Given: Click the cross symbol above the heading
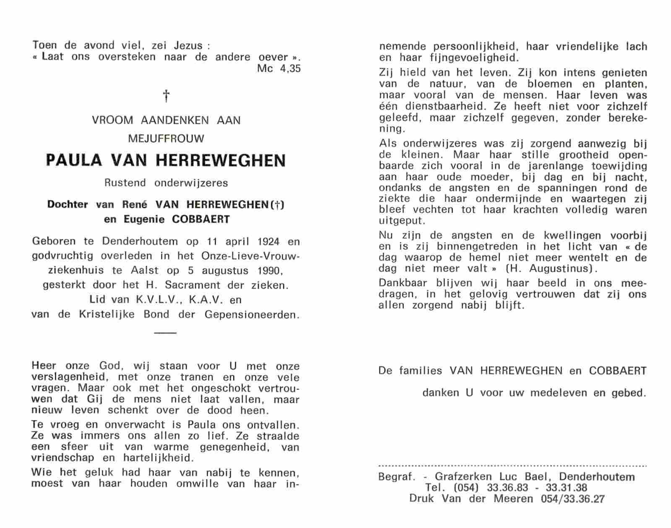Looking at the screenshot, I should click(166, 96).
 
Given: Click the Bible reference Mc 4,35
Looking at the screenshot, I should click(279, 68).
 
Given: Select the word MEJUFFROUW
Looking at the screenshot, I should click(166, 138).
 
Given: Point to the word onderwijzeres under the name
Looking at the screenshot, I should click(191, 183).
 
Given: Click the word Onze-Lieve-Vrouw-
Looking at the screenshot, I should click(250, 256).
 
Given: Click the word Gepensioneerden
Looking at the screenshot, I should click(252, 315).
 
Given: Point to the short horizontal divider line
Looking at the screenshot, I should click(166, 333).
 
